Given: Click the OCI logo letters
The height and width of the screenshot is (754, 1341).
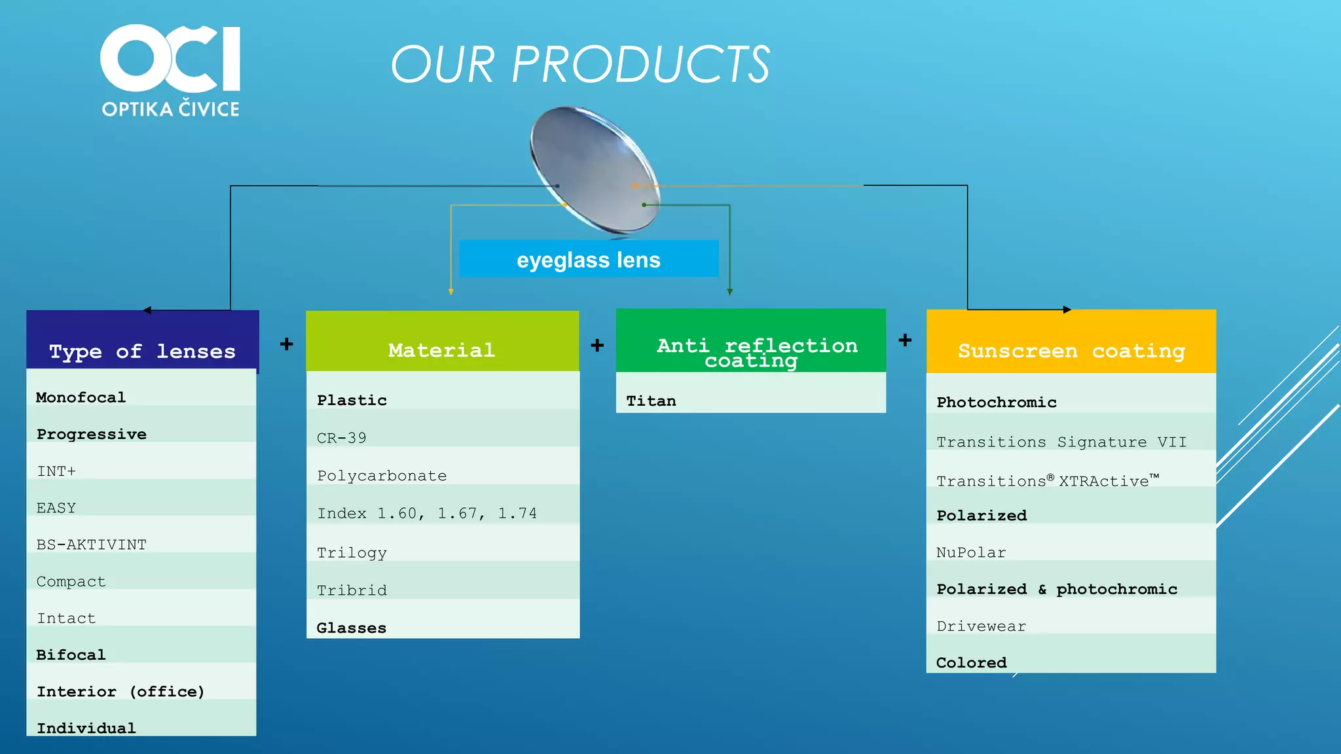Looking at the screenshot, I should [170, 59].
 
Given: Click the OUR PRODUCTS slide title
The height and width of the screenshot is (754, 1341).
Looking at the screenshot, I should [580, 65].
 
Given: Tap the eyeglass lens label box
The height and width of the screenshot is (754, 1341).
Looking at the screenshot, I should [589, 259].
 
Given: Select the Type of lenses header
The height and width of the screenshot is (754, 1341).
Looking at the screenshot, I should [142, 351].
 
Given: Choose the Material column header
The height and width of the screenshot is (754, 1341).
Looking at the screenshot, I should [442, 350].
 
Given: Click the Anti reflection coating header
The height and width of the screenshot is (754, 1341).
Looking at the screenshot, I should [751, 352].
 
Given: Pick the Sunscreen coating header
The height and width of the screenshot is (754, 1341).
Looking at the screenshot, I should [1071, 350].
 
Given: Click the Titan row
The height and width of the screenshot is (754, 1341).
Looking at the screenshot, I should [652, 401].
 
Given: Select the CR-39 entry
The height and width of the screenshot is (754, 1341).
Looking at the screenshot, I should [342, 438].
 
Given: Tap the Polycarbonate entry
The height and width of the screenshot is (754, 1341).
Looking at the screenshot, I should [382, 475].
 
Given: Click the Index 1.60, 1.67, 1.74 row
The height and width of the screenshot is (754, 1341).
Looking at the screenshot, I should [427, 513].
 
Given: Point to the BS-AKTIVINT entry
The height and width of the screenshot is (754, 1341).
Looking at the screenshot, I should [92, 545].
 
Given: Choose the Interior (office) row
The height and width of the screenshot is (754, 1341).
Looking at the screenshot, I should [120, 691].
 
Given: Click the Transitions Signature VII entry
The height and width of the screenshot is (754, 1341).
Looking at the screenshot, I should [1061, 442].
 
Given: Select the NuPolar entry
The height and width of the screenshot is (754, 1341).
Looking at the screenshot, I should [971, 552].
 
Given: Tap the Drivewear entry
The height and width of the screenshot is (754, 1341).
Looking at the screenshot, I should [981, 626].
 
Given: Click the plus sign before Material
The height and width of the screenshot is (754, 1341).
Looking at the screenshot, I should [286, 344].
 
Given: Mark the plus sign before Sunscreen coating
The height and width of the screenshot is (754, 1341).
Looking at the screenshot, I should [905, 340].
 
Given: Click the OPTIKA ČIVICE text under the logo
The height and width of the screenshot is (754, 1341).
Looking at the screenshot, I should [170, 109].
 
